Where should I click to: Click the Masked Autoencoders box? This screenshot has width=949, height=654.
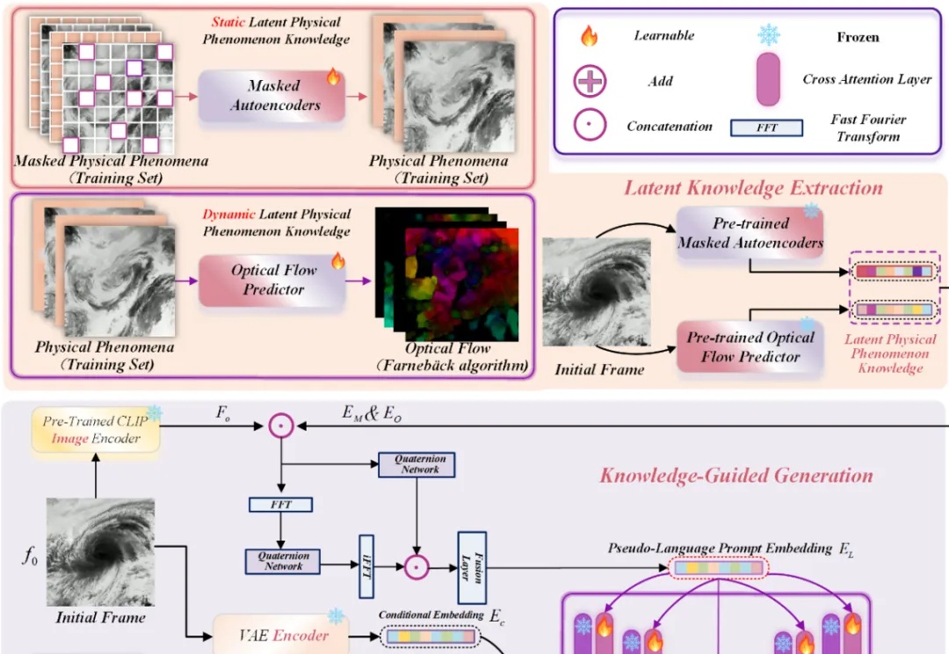[x=272, y=95]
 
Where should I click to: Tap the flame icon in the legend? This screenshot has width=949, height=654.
[x=590, y=37]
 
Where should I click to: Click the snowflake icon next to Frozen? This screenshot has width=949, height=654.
[x=769, y=36]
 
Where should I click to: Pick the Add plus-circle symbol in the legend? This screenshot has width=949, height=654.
[x=590, y=82]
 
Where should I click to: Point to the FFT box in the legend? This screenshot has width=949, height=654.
[x=766, y=128]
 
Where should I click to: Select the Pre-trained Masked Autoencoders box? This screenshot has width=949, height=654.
[x=750, y=232]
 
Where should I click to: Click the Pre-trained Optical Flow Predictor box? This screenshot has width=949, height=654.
[x=750, y=346]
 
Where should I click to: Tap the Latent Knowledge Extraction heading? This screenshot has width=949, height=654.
[x=753, y=188]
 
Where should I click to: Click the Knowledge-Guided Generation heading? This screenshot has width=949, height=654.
[x=736, y=476]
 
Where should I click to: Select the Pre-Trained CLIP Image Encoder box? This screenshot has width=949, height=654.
[x=97, y=430]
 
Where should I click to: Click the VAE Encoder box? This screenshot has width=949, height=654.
[x=281, y=635]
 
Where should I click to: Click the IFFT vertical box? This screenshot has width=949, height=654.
[x=366, y=560]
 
